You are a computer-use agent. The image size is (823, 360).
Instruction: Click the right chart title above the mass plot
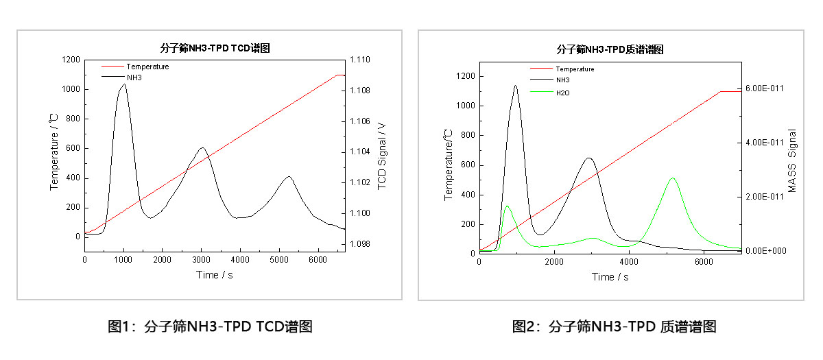click(x=609, y=49)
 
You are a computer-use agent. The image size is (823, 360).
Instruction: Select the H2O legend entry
click(x=562, y=92)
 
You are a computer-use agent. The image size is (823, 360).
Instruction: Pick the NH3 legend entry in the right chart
click(x=562, y=80)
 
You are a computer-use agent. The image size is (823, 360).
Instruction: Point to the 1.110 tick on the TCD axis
click(x=360, y=60)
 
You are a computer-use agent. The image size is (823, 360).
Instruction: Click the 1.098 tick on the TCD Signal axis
click(x=360, y=244)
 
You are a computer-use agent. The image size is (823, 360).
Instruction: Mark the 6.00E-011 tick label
click(x=765, y=88)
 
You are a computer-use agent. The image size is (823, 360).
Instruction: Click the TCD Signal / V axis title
click(x=382, y=156)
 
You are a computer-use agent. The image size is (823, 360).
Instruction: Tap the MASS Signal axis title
click(x=792, y=161)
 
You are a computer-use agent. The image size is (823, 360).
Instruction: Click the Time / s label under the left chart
click(x=214, y=275)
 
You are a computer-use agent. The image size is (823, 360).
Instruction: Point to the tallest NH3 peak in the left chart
click(x=124, y=84)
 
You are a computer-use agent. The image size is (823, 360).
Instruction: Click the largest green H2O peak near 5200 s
click(x=673, y=178)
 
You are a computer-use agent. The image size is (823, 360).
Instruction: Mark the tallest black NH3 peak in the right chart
click(x=516, y=86)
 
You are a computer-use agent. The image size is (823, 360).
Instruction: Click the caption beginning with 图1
click(x=211, y=327)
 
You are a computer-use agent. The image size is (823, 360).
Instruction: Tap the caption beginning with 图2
click(x=615, y=327)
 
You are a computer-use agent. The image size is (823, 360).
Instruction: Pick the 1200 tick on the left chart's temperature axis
click(x=70, y=60)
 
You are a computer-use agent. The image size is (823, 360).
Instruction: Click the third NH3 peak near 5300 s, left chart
click(x=289, y=177)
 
